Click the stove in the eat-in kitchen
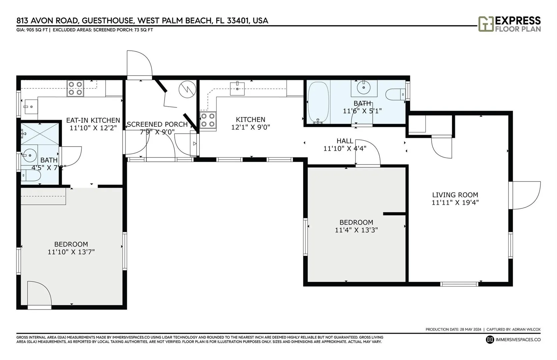point(75,88)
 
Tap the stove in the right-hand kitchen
point(208,120)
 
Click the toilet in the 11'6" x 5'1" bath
point(396,94)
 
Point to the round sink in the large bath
point(364,87)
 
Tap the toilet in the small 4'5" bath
point(31,176)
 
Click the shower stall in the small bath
point(40,134)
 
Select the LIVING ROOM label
point(455,195)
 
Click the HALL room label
point(345,141)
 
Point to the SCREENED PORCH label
point(157,124)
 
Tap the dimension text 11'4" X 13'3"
point(356,230)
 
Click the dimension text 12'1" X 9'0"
point(251,127)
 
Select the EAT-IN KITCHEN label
point(93,120)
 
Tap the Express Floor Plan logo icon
point(486,24)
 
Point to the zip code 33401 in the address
point(238,21)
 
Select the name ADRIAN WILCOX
point(526,329)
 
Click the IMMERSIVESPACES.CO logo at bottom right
point(513,340)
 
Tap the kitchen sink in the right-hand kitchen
point(237,89)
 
